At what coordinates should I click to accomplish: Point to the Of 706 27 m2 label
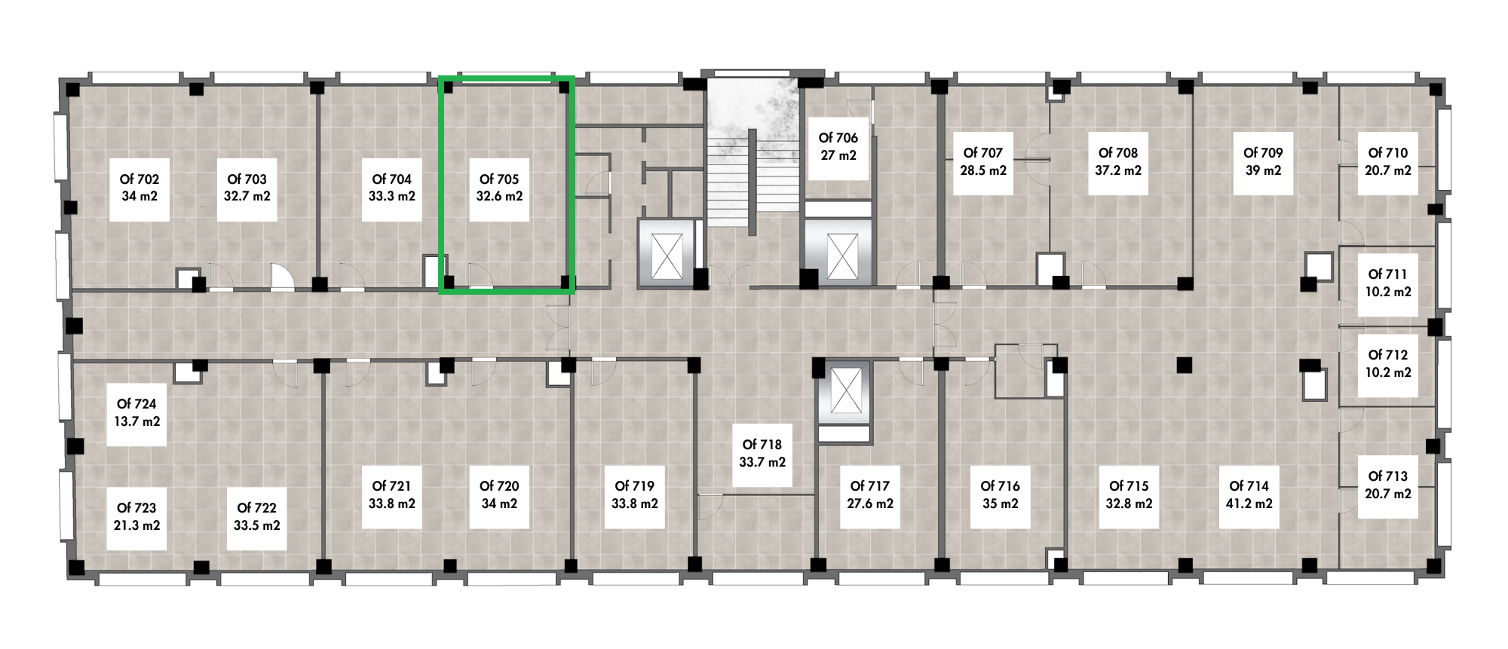[x=838, y=147]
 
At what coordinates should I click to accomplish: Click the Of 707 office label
[x=983, y=162]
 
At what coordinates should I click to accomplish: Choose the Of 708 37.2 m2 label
[x=1118, y=162]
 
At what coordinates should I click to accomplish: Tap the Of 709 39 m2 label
[x=1263, y=162]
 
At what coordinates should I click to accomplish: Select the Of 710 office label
[x=1388, y=162]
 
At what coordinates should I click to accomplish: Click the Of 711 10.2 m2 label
[x=1388, y=283]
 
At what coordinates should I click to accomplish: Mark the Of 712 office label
[x=1388, y=364]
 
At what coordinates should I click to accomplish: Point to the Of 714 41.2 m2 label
[x=1249, y=495]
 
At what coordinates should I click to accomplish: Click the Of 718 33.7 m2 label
[x=762, y=454]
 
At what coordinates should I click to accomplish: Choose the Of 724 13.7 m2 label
[x=136, y=413]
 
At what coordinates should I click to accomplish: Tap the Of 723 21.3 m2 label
[x=136, y=517]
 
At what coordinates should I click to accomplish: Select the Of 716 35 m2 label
[x=1001, y=495]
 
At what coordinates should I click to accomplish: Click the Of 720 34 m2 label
[x=499, y=495]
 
